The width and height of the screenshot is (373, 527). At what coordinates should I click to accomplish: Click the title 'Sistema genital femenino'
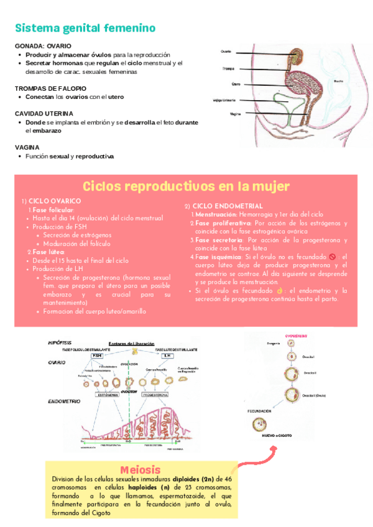[85, 29]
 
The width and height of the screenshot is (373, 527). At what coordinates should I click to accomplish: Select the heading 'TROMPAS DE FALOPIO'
[50, 89]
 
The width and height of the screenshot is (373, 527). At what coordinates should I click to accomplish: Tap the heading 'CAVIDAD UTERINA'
[44, 114]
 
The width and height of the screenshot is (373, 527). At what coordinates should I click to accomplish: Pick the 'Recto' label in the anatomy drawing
[338, 81]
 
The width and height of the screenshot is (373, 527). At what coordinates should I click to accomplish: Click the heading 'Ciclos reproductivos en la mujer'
[186, 186]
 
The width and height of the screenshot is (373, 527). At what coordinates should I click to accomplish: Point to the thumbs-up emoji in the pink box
[280, 290]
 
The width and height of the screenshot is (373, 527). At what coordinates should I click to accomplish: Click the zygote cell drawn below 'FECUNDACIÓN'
[261, 425]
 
